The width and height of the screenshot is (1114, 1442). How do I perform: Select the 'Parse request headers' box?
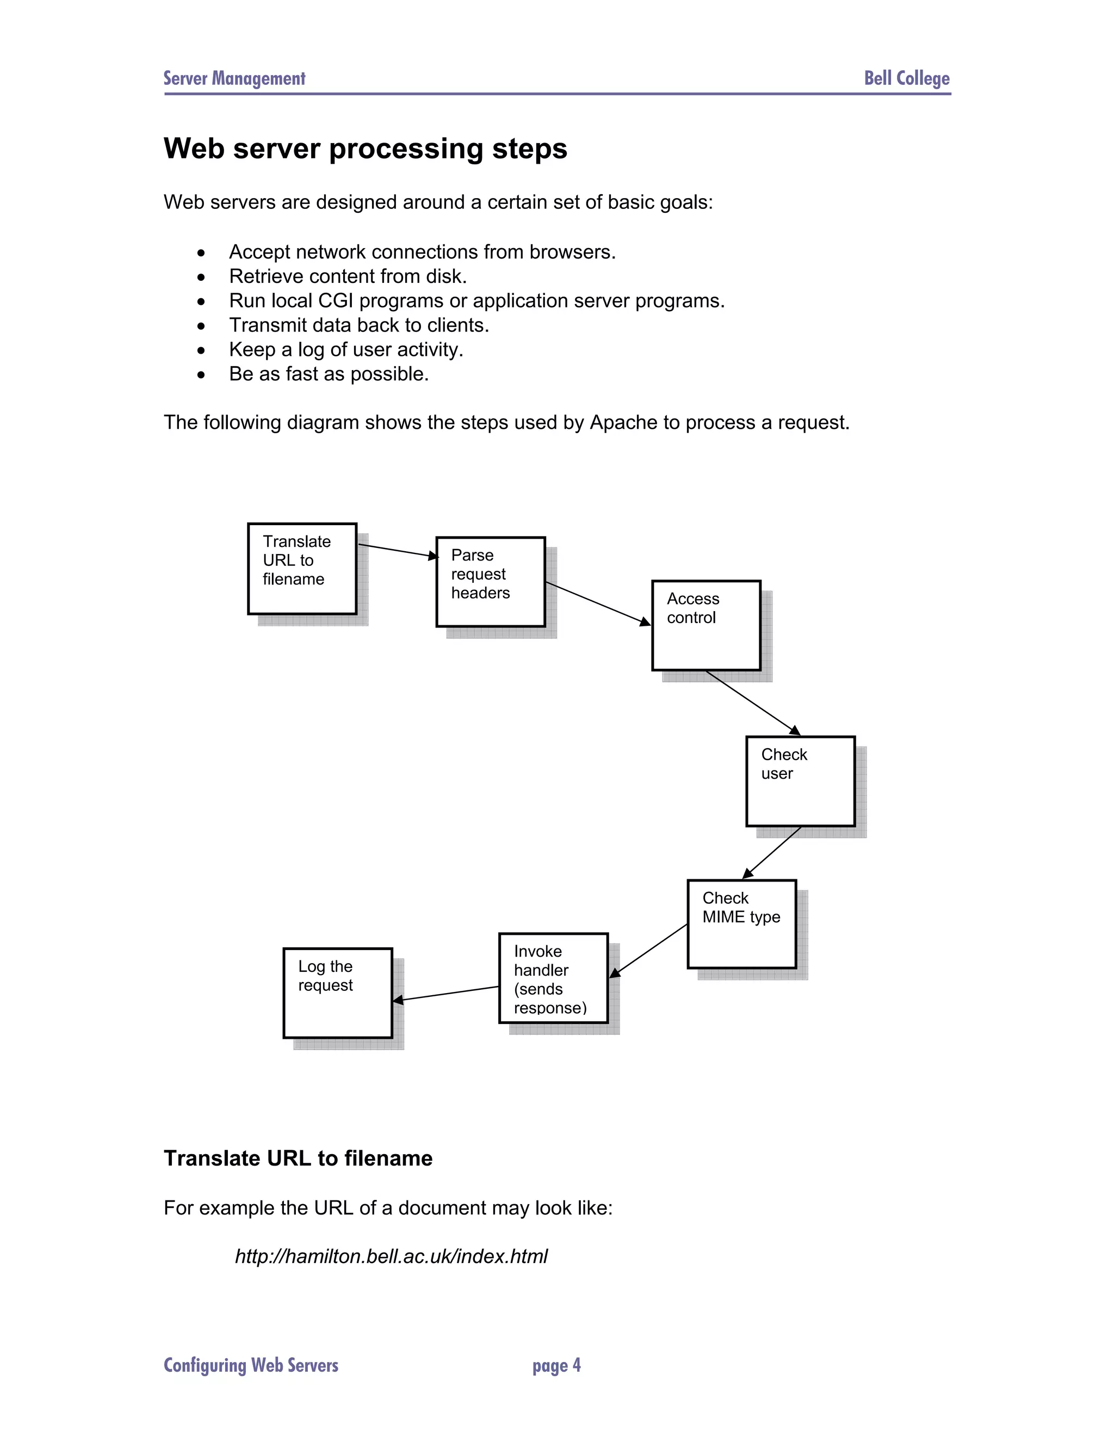tap(490, 582)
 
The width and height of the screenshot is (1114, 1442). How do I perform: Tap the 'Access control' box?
tap(706, 625)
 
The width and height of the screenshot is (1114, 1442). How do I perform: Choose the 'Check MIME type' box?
tap(742, 924)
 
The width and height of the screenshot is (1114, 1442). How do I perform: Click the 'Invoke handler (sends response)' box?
tap(553, 978)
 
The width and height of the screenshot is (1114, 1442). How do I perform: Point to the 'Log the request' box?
tap(337, 993)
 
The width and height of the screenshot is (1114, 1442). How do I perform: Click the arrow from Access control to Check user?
tap(752, 702)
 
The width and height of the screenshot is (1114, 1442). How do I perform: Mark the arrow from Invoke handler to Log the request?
tap(446, 994)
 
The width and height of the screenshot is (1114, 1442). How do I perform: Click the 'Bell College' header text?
tap(907, 78)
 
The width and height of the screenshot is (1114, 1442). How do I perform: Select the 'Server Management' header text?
tap(234, 78)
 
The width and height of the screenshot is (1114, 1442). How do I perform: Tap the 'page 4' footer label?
tap(556, 1365)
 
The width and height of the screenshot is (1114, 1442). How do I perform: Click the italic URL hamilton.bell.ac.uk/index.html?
tap(391, 1256)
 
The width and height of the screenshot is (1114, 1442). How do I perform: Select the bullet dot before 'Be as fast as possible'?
tap(201, 375)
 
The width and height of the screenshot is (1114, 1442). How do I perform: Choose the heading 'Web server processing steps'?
tap(365, 149)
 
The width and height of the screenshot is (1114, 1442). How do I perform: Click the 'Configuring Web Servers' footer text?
tap(251, 1365)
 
